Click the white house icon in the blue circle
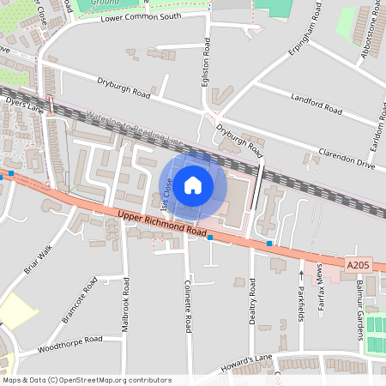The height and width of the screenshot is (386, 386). (x=193, y=184)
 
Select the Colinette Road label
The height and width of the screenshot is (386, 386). (x=187, y=304)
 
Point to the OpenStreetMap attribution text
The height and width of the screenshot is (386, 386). (x=86, y=380)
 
